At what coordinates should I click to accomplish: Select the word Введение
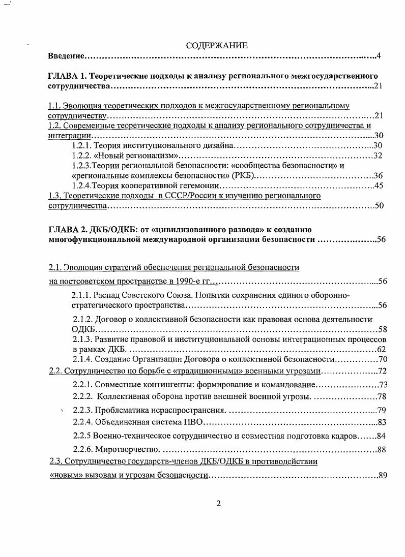tap(66, 55)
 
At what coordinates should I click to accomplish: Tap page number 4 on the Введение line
tap(379, 55)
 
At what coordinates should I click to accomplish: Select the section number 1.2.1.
tap(84, 146)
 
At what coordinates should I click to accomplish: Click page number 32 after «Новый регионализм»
tap(378, 156)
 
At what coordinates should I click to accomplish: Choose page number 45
tap(378, 185)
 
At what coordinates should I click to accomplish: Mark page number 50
tap(378, 206)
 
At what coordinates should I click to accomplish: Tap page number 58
tap(382, 329)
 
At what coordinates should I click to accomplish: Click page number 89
tap(383, 476)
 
